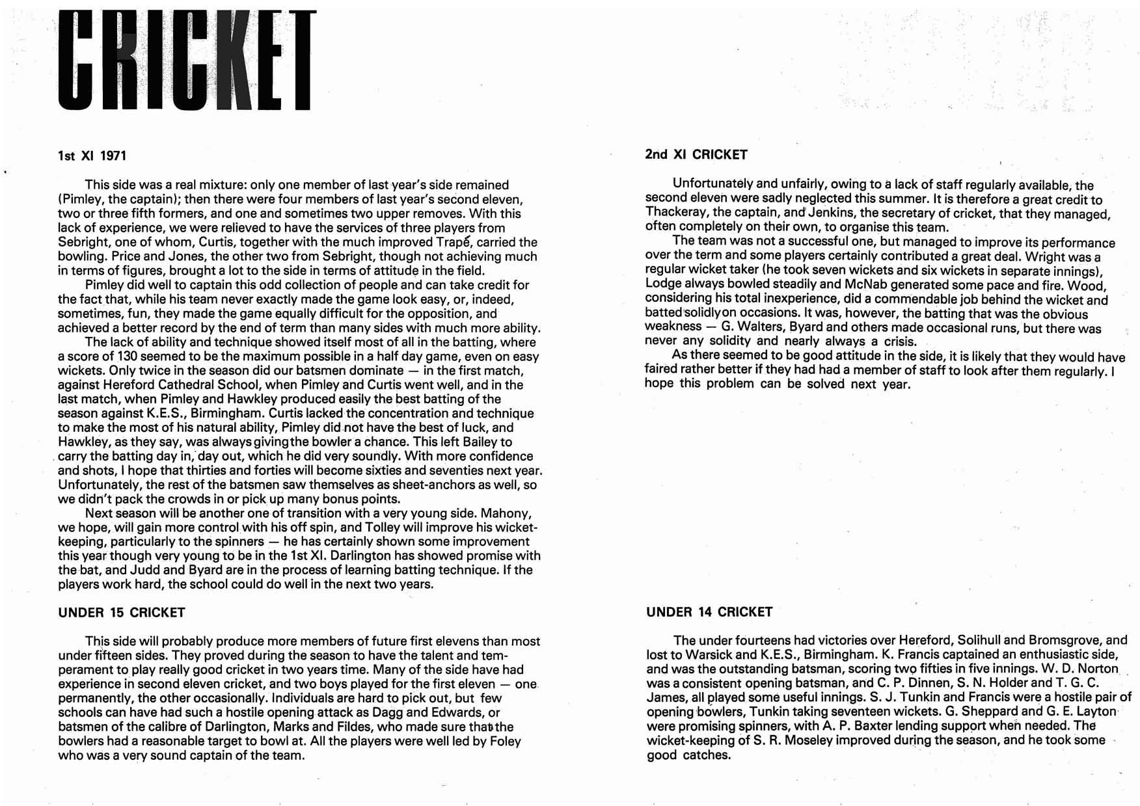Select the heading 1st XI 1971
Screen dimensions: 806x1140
pyautogui.click(x=92, y=156)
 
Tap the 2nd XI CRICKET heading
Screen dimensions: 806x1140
pyautogui.click(x=696, y=155)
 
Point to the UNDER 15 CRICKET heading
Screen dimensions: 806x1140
pyautogui.click(x=122, y=612)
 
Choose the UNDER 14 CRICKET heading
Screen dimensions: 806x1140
pyautogui.click(x=709, y=611)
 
